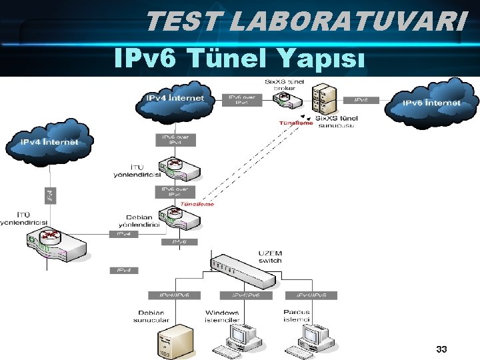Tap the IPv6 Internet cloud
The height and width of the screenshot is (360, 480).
pyautogui.click(x=431, y=103)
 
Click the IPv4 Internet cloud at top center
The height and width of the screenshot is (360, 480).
pyautogui.click(x=175, y=99)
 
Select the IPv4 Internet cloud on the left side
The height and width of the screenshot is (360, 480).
pyautogui.click(x=49, y=143)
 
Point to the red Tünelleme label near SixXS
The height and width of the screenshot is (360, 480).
pyautogui.click(x=295, y=123)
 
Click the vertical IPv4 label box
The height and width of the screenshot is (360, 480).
pyautogui.click(x=50, y=196)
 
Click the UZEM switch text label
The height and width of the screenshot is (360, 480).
pyautogui.click(x=270, y=257)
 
